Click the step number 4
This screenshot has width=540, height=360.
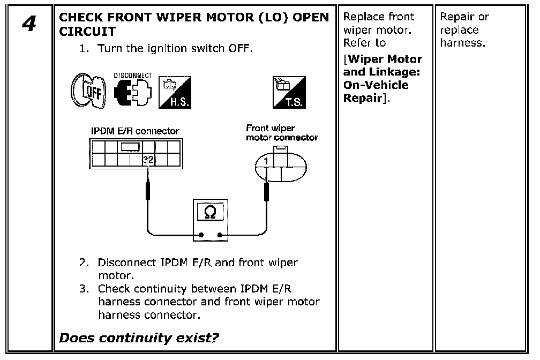[29, 24]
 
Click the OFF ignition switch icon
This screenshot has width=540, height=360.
[88, 91]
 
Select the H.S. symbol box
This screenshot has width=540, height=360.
[175, 92]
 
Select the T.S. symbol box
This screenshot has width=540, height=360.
[289, 92]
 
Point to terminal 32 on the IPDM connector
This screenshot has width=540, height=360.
[148, 160]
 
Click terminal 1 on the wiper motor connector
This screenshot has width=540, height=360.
[266, 161]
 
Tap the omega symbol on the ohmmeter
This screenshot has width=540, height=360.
[210, 212]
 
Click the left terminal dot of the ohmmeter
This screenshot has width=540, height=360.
[201, 235]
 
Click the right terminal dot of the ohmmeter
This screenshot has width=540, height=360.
[220, 235]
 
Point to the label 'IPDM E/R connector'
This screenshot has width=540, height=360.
[135, 131]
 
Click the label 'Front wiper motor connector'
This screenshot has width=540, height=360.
[282, 133]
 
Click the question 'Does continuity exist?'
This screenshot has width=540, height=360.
[139, 338]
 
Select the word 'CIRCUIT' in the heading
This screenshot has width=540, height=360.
[87, 32]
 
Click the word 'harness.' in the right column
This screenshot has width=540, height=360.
[462, 43]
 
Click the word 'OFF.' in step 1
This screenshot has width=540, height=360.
[241, 48]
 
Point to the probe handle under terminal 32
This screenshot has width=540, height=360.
[148, 191]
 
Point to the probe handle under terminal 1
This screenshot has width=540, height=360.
[266, 192]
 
